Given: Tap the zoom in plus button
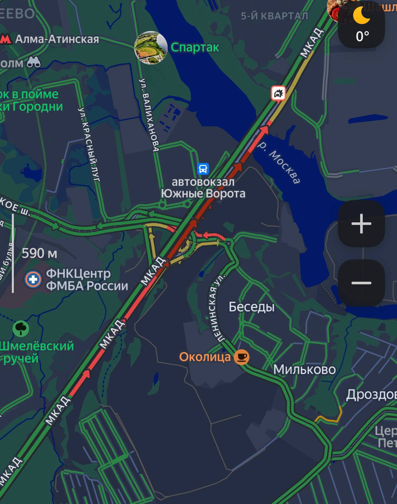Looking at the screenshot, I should coord(361,224).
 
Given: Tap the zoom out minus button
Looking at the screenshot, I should coord(361,283).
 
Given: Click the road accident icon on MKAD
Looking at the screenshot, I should coord(278,93).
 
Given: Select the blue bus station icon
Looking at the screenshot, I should coord(203,169).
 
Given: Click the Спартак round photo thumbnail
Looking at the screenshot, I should coord(151,48).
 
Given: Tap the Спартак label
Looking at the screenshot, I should coord(195,47).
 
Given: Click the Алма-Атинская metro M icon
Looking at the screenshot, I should coord(6,39).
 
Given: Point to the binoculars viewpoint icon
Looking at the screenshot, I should coord(34,62).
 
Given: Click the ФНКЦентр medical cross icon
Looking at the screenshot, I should coord(33,279).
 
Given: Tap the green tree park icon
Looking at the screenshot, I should coord(21,328).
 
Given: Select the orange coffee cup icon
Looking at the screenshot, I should coord(242,357).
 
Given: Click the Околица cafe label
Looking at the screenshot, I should coord(205,357).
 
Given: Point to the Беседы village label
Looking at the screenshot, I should coord(251,307).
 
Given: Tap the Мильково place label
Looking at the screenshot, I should coord(304,369).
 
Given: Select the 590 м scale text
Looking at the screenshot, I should coord(40,253).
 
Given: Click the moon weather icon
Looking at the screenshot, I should coord(361,15).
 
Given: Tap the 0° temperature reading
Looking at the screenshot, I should coord(362,36).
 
